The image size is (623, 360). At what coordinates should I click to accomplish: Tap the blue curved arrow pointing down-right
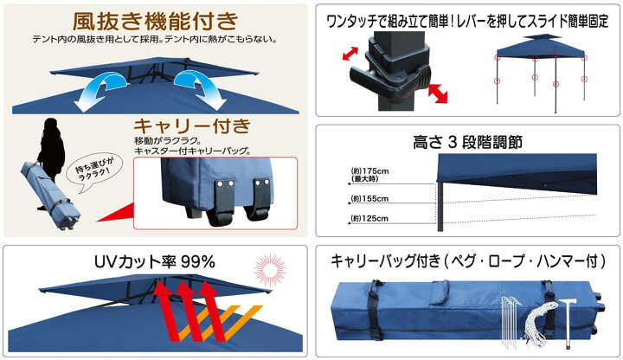coord(197,89)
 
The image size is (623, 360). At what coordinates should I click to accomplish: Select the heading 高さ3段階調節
coord(467,141)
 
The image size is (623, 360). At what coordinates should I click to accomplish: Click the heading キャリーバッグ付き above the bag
coord(467,259)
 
